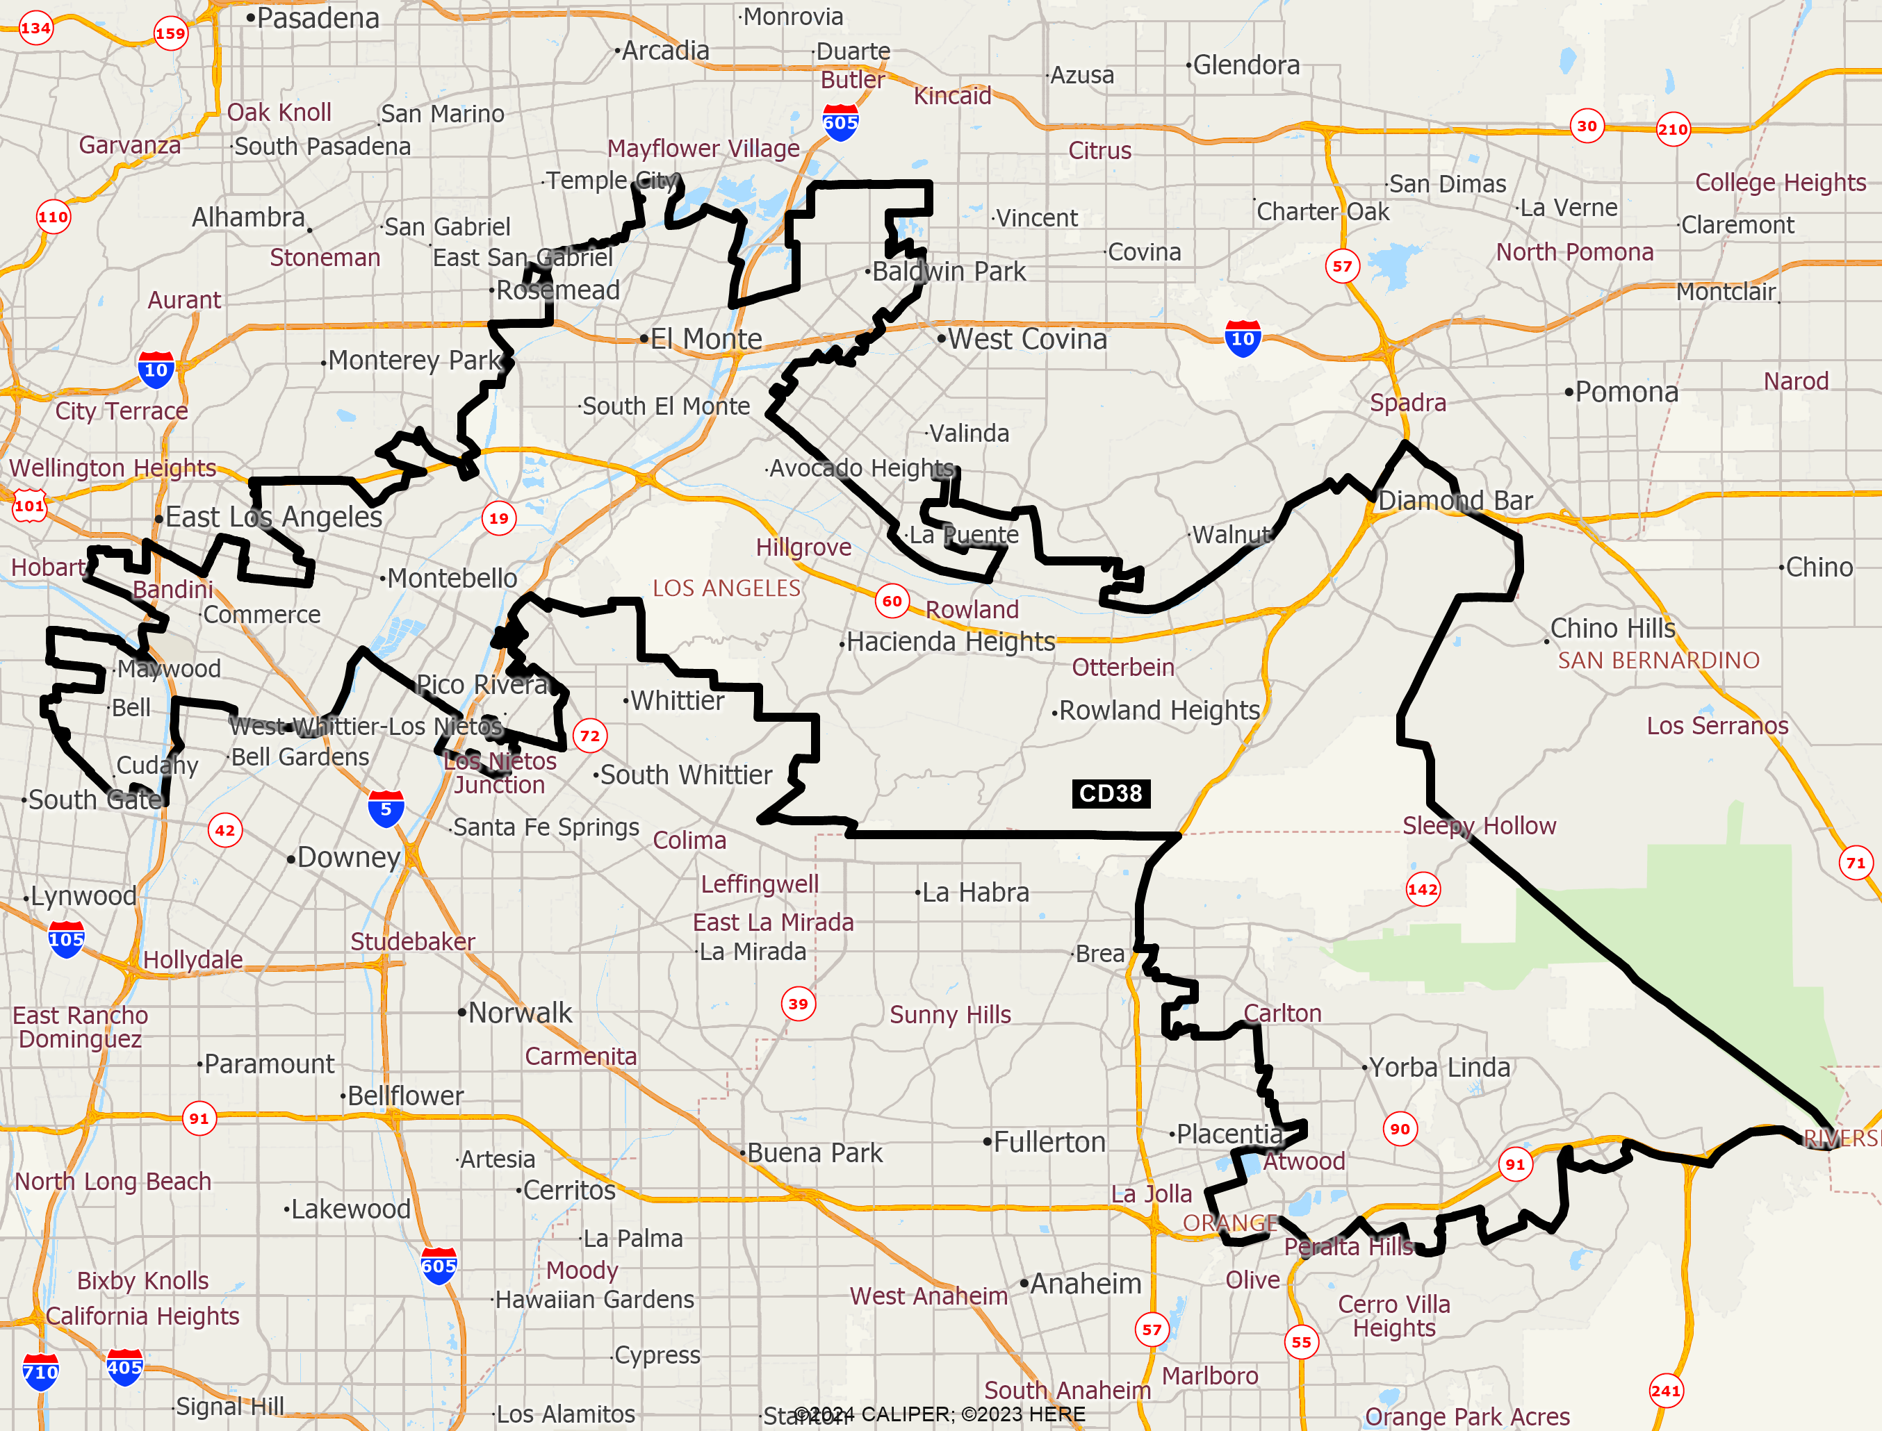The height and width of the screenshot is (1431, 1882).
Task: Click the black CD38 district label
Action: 1110,793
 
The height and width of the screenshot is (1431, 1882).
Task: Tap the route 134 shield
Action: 35,28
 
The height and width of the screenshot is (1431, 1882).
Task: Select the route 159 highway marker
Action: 170,33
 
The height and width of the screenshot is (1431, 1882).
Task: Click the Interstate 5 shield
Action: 386,809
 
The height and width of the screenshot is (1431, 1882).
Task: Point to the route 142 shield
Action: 1422,889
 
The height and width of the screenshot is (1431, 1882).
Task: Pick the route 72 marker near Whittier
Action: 589,735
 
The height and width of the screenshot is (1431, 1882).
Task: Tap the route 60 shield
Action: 891,600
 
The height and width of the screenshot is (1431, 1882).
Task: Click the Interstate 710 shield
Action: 40,1371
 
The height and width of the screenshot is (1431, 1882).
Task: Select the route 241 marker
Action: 1666,1391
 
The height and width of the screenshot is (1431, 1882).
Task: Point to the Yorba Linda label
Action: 1439,1066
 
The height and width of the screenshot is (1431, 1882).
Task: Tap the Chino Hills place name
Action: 1612,628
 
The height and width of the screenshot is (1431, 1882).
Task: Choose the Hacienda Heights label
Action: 950,641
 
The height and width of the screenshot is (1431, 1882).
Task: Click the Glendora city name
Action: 1245,65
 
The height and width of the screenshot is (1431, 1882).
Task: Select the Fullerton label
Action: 1049,1141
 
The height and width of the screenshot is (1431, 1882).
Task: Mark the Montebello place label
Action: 452,579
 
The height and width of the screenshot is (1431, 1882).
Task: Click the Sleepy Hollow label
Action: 1479,825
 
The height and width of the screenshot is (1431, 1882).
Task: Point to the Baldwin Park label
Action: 948,272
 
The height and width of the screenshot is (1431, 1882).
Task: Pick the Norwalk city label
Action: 520,1012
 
